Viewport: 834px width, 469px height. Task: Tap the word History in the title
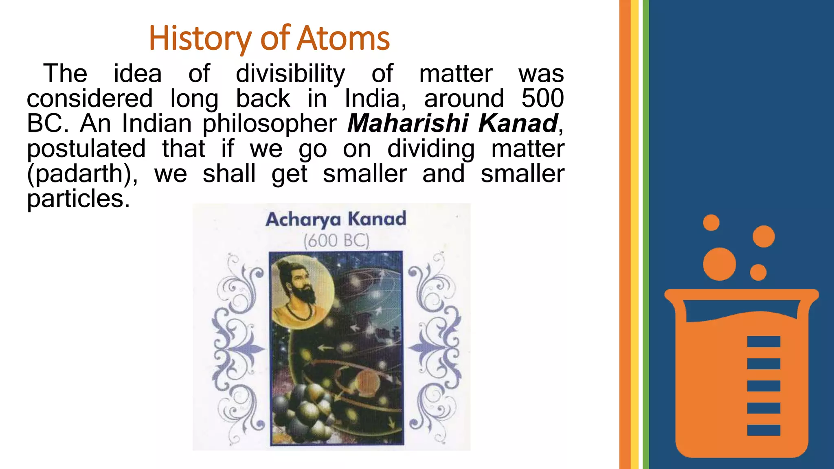[x=200, y=39]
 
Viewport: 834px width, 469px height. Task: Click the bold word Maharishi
[x=408, y=123]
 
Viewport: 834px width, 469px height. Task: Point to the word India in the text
[x=375, y=99]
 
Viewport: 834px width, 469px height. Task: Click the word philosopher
[x=270, y=124]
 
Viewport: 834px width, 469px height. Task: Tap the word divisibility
[x=290, y=74]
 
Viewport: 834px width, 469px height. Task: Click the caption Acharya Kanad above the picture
[x=336, y=219]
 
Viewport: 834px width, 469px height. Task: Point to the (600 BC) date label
[x=336, y=240]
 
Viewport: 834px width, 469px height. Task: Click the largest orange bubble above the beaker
[x=719, y=264]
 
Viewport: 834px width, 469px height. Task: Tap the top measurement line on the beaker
[x=764, y=341]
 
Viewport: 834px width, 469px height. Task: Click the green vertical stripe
[x=645, y=234]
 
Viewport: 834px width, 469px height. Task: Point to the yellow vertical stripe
[x=634, y=234]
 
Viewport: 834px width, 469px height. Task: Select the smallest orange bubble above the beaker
[x=711, y=223]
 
